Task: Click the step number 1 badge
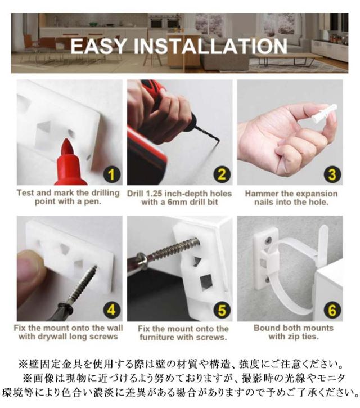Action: point(111,174)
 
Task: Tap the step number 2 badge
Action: point(222,174)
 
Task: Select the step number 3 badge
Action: point(332,174)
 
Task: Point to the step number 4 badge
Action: point(111,310)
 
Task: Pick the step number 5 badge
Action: point(222,310)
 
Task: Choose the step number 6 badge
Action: point(332,310)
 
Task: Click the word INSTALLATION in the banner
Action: point(211,46)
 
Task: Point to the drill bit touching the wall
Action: point(208,136)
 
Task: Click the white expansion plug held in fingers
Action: point(325,114)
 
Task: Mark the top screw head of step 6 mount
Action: point(268,239)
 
